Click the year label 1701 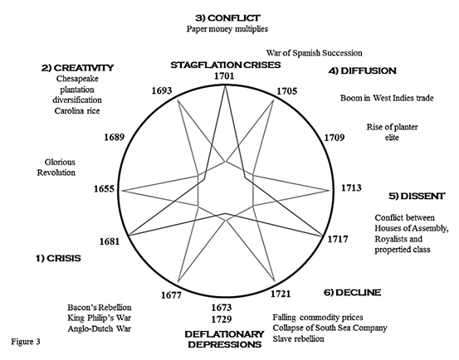[x=224, y=75]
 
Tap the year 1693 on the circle [x=162, y=90]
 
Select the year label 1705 [x=287, y=91]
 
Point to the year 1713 [x=351, y=187]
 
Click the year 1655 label [x=104, y=189]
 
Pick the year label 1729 [x=222, y=319]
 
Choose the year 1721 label [x=281, y=294]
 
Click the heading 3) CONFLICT [x=227, y=18]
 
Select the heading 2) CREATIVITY [x=77, y=68]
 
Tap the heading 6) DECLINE [x=353, y=293]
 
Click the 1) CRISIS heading [x=58, y=258]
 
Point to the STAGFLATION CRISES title [x=226, y=65]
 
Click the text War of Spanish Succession [x=314, y=53]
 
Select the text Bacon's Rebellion [x=100, y=308]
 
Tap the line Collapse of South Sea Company [x=330, y=328]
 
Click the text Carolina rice [x=77, y=111]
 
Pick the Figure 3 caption [x=26, y=342]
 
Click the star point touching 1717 [x=322, y=236]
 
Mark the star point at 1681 [x=129, y=235]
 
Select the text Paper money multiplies [x=227, y=29]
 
